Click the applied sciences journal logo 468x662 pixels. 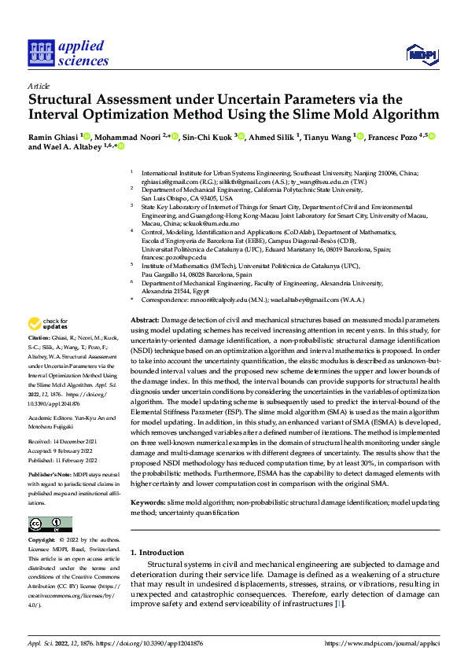(68, 53)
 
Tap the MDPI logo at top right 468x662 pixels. (421, 53)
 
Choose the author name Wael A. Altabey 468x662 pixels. (79, 147)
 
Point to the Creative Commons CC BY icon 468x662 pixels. (50, 524)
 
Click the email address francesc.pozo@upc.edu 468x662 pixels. (174, 257)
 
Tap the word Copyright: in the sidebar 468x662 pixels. (41, 540)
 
